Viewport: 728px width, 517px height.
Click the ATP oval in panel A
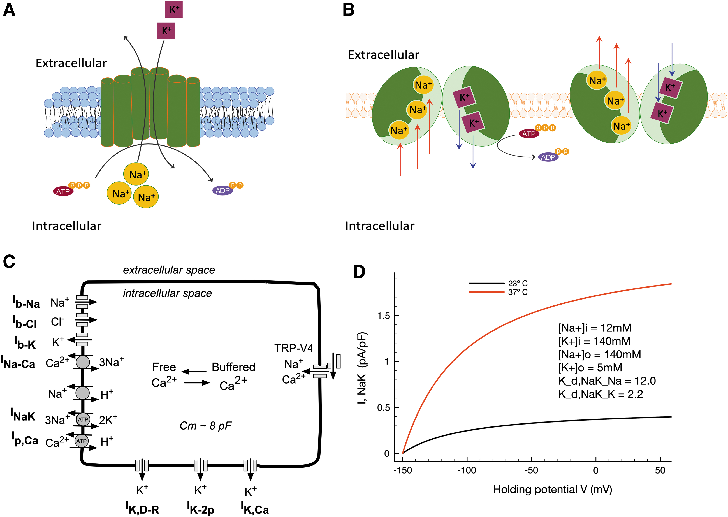tap(63, 191)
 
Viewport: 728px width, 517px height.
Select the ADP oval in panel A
tap(222, 190)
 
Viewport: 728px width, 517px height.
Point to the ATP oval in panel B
tap(529, 134)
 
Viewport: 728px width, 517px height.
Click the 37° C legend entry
tap(498, 292)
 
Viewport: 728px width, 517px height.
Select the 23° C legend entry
tap(498, 283)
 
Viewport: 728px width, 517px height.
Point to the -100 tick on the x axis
tap(467, 470)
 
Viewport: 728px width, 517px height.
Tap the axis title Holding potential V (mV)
tap(553, 489)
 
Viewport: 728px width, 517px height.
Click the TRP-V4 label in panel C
tap(293, 348)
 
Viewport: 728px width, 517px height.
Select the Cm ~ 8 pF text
tap(206, 426)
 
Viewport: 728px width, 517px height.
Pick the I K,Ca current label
tap(255, 507)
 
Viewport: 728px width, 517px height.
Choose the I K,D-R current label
tap(142, 507)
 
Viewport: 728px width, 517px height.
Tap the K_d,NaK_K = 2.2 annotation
tap(601, 394)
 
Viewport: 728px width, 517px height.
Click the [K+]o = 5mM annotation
tap(590, 368)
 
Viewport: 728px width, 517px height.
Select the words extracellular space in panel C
tap(169, 270)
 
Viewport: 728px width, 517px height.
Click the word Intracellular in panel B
tap(380, 226)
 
